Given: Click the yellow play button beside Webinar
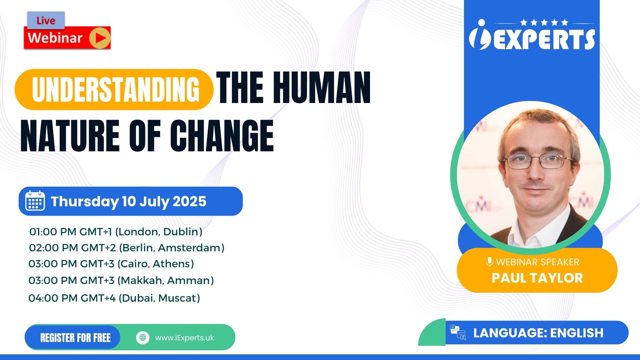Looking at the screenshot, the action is pos(100,38).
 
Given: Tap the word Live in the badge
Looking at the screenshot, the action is pos(46,21).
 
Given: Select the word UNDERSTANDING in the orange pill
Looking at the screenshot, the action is pos(116,89).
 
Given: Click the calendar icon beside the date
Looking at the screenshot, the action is pos(35,201).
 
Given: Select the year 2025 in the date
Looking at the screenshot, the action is pos(189,201).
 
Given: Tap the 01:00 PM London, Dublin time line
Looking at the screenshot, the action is pos(116,232).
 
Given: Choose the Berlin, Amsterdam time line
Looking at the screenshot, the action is pos(127,248).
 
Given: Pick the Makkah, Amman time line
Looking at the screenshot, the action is pos(121,280).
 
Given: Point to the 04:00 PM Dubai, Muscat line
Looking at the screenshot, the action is pos(114,298).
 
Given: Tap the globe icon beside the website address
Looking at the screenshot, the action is pos(143,338).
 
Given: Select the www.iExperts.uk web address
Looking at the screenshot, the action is pos(184,338).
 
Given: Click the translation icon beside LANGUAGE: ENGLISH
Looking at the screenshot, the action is pos(458,332).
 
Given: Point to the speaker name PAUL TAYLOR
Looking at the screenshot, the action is pos(537,278).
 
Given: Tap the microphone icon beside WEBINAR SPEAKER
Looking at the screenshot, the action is pos(489,262).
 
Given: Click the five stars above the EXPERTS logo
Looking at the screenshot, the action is pos(544,22).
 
